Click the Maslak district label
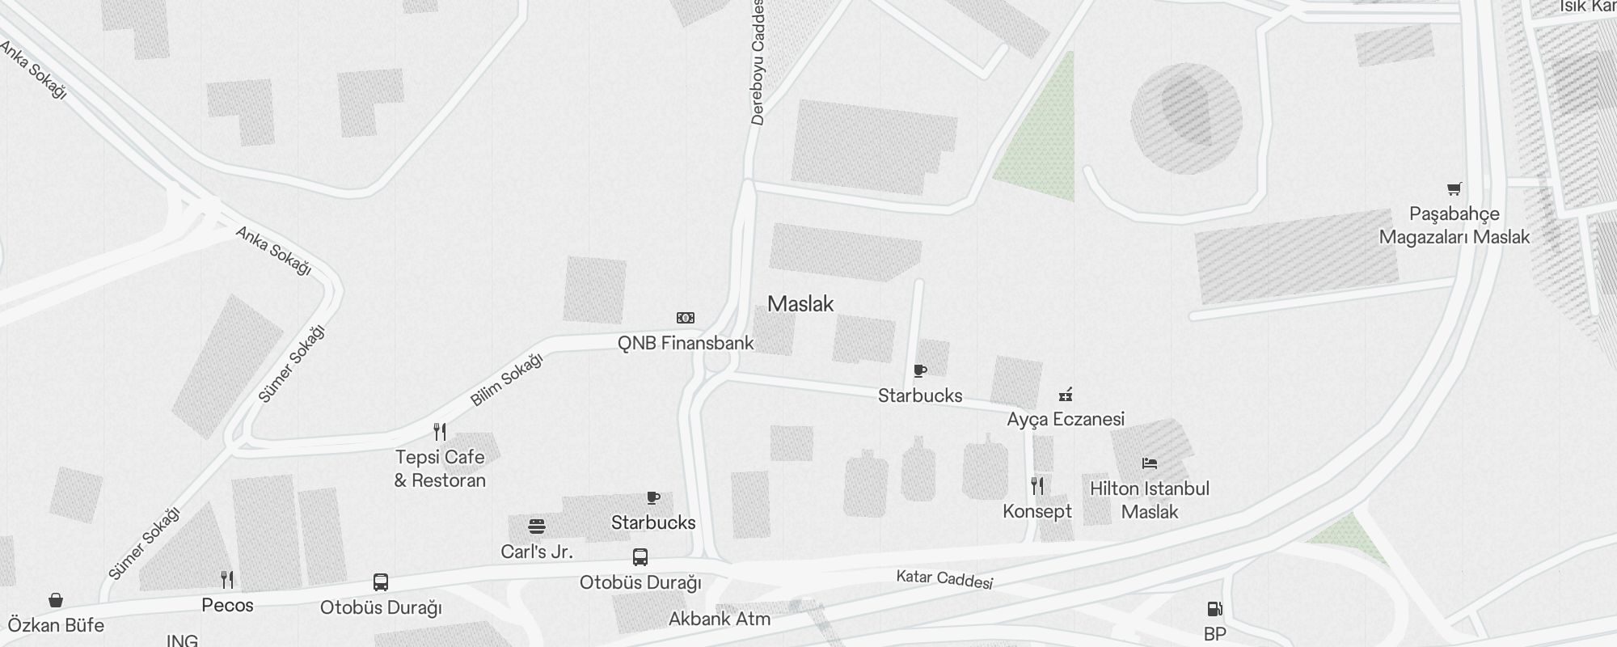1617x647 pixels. [x=800, y=304]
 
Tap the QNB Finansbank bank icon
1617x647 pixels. [x=685, y=318]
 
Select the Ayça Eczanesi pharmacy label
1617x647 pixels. [x=1066, y=419]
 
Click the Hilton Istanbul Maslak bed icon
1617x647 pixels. [x=1150, y=463]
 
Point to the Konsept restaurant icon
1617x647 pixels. [x=1037, y=486]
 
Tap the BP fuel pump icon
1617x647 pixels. [x=1214, y=609]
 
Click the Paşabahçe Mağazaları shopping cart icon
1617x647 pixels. [x=1454, y=189]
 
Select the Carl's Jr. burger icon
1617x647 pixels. [x=536, y=526]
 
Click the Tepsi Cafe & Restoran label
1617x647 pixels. [x=440, y=468]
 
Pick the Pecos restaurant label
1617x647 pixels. [x=227, y=605]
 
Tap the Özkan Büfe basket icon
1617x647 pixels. [x=56, y=600]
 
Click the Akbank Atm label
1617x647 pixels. [x=720, y=619]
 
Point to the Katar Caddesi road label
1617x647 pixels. [x=944, y=579]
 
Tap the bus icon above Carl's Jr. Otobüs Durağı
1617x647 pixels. [x=640, y=556]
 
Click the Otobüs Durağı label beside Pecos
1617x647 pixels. [x=381, y=607]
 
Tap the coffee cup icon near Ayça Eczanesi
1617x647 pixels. [x=919, y=370]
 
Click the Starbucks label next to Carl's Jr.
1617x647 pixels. [x=653, y=522]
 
